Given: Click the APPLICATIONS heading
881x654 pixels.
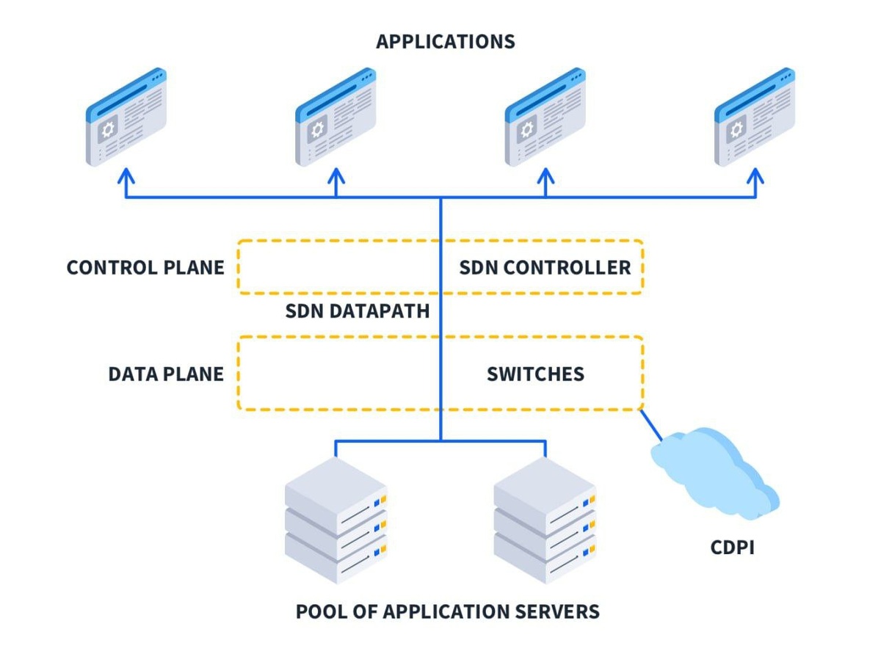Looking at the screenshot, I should [445, 41].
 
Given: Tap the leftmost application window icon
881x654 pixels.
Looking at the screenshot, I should [126, 117].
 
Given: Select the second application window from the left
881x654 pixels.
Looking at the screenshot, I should [336, 117].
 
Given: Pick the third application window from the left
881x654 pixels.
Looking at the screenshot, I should [545, 117].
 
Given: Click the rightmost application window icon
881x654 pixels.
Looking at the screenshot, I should [755, 117].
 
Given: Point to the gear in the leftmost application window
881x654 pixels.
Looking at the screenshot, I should [109, 130].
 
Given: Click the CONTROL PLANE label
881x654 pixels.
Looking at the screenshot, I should [145, 267].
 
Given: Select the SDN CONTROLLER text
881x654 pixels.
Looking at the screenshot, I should [545, 267].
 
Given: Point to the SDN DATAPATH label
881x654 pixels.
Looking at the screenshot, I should [357, 312].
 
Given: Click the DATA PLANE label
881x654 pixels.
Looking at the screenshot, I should [166, 374].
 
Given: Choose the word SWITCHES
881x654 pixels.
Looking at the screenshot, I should [535, 374].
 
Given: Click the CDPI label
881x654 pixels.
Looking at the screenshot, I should [732, 548].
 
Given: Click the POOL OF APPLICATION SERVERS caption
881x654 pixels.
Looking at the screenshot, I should [447, 611].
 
